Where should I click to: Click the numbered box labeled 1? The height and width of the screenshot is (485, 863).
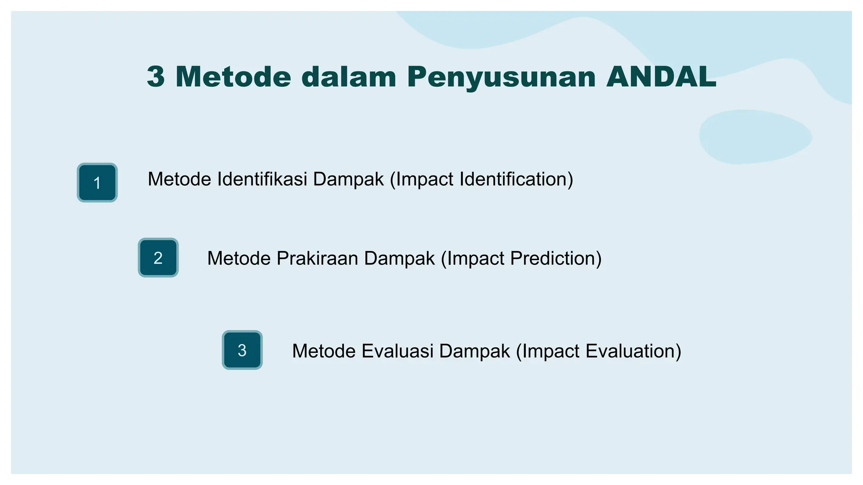tap(97, 183)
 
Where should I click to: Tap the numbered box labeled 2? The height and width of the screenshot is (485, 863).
tap(158, 258)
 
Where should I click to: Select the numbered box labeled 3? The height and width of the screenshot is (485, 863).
tap(242, 350)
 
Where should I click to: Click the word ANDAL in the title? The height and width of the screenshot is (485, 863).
tap(661, 77)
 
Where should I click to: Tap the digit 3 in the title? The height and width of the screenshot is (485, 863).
tap(155, 77)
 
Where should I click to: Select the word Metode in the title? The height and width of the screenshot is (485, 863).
tap(233, 77)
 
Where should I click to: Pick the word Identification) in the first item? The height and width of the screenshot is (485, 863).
tap(516, 179)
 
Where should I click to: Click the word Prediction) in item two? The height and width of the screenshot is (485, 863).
tap(556, 258)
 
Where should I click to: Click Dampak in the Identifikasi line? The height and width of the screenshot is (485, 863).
tap(348, 179)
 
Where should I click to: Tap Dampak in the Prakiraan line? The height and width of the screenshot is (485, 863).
tap(399, 258)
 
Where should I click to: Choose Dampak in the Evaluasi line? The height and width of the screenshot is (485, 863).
tap(474, 351)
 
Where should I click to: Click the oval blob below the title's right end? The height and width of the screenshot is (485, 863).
tap(755, 136)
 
